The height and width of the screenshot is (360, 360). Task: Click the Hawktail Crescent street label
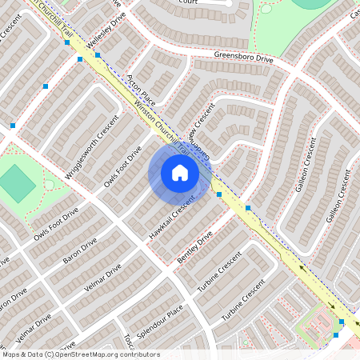172,217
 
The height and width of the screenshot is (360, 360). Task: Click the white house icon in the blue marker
180,172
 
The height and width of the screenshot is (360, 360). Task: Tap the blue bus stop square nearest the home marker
218,194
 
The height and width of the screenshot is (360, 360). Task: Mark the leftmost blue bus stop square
13,125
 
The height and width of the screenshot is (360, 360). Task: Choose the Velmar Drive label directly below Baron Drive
102,280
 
